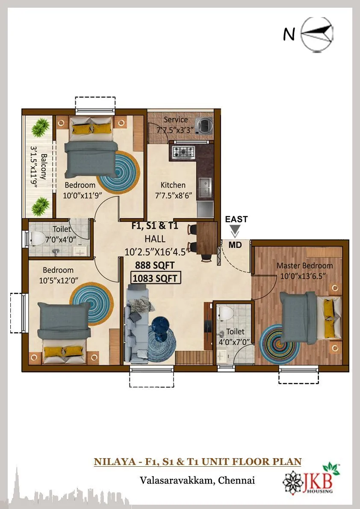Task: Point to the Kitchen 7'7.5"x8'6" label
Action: [x=173, y=190]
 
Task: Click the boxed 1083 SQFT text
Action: [x=156, y=278]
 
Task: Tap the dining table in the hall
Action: [x=207, y=238]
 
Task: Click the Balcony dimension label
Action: [x=39, y=166]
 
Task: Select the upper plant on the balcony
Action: [x=41, y=127]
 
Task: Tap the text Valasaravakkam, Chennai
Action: [x=197, y=480]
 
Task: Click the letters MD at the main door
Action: [x=234, y=245]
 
